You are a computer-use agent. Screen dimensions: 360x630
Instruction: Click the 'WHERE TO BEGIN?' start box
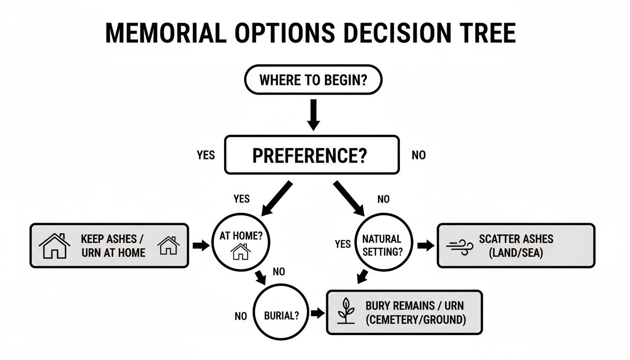[x=313, y=80]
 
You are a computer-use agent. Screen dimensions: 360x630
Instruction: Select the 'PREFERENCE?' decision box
[x=312, y=155]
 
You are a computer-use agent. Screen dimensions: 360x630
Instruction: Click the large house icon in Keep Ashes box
[x=54, y=246]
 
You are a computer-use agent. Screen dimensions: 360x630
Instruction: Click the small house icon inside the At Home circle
[x=241, y=253]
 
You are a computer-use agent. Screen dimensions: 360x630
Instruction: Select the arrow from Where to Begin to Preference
[x=313, y=114]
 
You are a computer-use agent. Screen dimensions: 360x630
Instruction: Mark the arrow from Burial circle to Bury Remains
[x=317, y=314]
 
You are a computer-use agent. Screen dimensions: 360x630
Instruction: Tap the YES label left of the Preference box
[x=206, y=155]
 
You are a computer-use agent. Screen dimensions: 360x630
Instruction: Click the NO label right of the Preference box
[x=418, y=155]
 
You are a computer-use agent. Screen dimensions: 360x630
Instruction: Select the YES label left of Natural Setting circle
[x=343, y=244]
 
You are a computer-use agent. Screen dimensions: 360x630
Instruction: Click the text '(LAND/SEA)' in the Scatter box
[x=516, y=253]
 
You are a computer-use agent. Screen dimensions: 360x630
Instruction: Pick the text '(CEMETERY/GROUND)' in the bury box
[x=415, y=320]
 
